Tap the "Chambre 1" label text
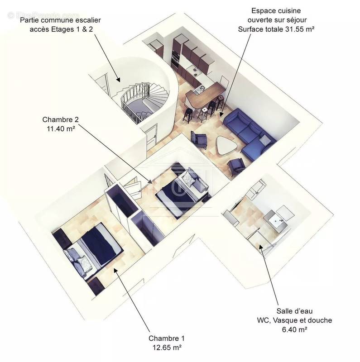(x=166, y=338)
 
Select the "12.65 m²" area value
(x=166, y=348)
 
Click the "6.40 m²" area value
(x=294, y=329)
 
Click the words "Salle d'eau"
(x=294, y=311)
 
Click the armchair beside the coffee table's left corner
(x=200, y=139)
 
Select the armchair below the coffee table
(x=236, y=167)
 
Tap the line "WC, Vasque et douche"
(x=294, y=320)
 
